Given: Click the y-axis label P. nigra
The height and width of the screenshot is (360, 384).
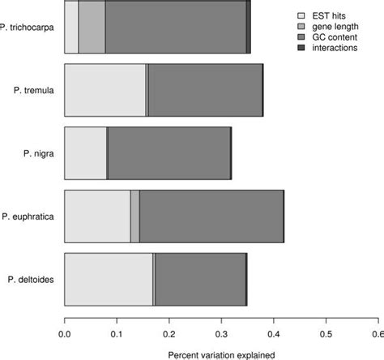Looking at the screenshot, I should point(38,153).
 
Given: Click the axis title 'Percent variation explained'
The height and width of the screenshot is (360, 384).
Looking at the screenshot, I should point(221,354).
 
